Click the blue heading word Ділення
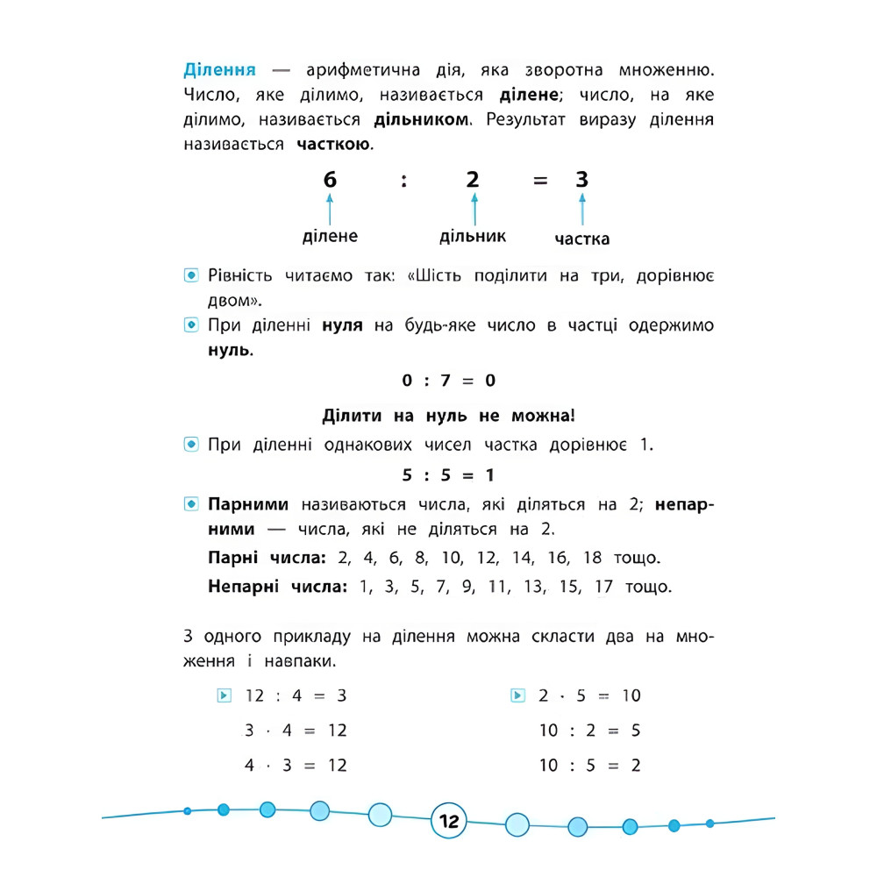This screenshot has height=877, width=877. pos(219,69)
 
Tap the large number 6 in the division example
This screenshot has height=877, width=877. pos(330,180)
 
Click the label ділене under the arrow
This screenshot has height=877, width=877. pos(330,236)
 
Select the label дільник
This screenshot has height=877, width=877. pos(473,236)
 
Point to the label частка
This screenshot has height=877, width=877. pos(582,239)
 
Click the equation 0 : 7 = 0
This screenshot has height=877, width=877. pos(449,381)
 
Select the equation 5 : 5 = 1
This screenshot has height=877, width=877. pos(449,475)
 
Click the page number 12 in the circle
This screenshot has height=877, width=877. pos(449,822)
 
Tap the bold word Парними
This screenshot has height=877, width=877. pos(248,505)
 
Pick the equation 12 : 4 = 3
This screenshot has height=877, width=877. pos(296,695)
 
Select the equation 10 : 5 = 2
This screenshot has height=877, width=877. pos(589,766)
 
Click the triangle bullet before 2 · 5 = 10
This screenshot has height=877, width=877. pos(517,695)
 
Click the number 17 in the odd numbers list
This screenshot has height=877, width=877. pos(602,586)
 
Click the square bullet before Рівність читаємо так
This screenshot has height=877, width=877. pos(191,276)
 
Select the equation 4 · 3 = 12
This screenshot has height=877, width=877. pos(296,766)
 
